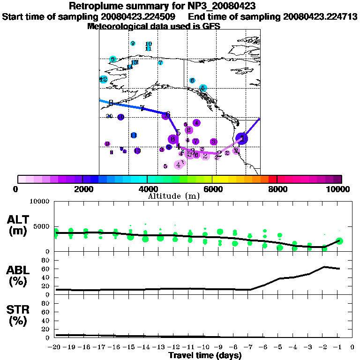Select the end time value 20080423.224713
coord(320,16)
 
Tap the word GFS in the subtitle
coord(211,26)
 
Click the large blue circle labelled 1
coord(242,138)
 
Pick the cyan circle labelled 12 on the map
coord(104,80)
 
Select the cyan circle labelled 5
coord(202,88)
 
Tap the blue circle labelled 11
coord(134,135)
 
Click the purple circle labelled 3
coord(213,142)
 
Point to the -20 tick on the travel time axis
coord(55,347)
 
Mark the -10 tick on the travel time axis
coord(204,347)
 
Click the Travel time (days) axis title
coord(205,355)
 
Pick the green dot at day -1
coord(339,241)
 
